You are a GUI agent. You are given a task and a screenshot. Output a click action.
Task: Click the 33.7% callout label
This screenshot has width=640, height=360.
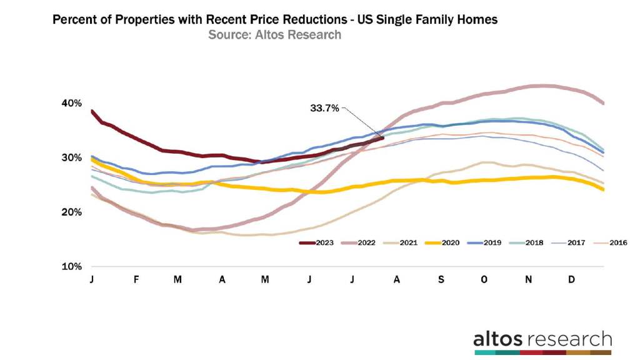coord(324,108)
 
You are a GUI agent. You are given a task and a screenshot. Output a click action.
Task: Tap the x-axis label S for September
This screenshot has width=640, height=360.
coord(441,279)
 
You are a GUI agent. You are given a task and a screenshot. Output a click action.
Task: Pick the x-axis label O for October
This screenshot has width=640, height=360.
coord(484,279)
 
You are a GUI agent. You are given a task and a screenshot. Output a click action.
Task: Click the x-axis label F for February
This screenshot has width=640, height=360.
coord(136,279)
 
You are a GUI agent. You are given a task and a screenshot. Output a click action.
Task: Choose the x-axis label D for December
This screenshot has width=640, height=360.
coord(572,279)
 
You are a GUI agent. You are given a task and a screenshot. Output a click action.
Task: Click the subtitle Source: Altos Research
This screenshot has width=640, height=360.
coord(275,35)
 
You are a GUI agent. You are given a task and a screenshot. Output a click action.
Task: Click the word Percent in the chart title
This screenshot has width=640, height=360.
coord(75,20)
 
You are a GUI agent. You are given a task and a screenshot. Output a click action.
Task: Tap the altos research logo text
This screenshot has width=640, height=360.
coord(542,339)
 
